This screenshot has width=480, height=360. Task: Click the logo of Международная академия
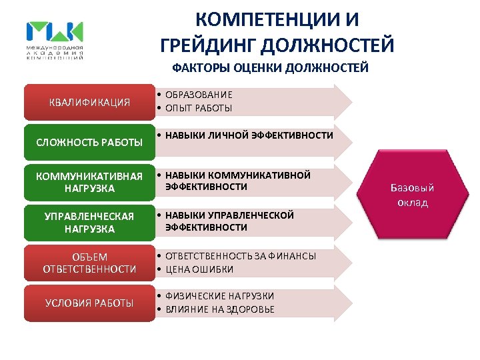point(55,39)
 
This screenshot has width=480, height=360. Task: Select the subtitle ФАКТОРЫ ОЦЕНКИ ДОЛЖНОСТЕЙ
point(270,68)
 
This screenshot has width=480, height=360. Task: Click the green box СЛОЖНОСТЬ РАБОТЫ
point(89,142)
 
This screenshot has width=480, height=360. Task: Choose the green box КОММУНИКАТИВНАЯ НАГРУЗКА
point(89,182)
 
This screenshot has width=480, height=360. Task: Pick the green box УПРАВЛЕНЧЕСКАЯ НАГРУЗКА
point(89,223)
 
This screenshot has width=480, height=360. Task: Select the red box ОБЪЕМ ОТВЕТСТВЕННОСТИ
point(89,263)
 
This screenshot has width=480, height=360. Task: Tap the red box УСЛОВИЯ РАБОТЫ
point(89,303)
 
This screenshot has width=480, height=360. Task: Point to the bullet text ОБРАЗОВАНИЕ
point(199,95)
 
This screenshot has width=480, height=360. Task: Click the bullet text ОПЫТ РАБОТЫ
point(199,108)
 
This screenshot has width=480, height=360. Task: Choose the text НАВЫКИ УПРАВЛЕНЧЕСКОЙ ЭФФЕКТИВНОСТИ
point(230,221)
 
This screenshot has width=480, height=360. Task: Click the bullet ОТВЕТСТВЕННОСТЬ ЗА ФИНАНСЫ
point(241,256)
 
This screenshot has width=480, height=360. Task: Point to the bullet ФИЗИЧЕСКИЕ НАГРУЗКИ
point(219,295)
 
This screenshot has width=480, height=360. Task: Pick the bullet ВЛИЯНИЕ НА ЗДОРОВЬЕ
point(219,309)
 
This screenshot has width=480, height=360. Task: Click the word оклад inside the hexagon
point(413,203)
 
